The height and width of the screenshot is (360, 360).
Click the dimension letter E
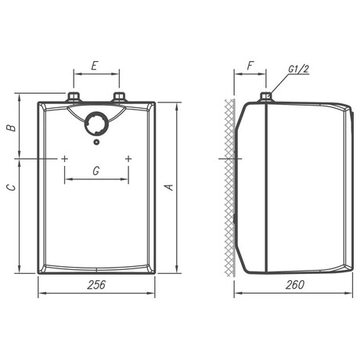(94, 66)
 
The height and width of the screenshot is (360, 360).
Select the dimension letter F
(250, 66)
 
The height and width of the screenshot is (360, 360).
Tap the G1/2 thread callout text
(298, 69)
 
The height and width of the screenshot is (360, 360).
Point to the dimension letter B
(11, 128)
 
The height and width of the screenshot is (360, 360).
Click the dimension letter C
(11, 188)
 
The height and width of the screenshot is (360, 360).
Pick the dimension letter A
(170, 187)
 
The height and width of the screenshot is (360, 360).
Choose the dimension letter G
(96, 171)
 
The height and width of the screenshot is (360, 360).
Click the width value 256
(96, 285)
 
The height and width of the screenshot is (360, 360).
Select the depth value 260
(295, 285)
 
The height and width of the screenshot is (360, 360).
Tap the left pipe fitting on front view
(74, 98)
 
